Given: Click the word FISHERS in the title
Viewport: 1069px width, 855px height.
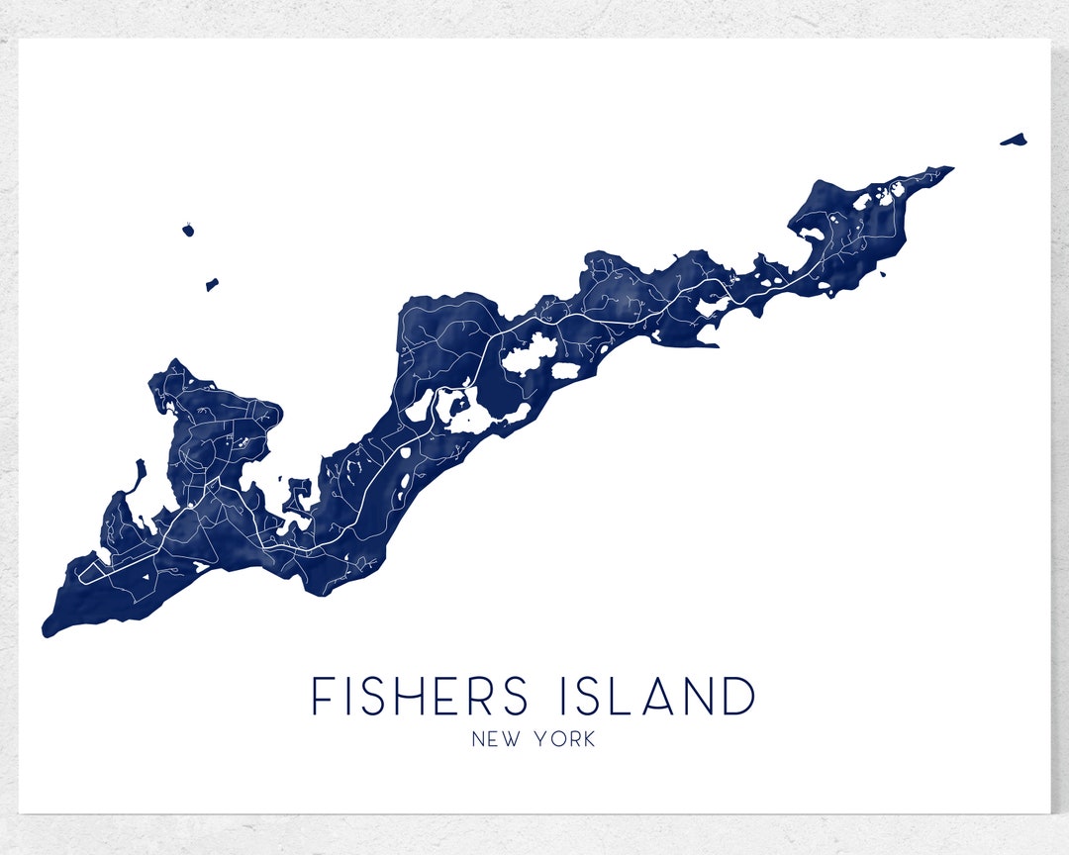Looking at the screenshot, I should point(421,696).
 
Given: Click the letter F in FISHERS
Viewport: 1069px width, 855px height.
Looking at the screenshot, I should point(322,696).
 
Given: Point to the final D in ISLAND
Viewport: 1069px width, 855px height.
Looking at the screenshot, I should point(737,696).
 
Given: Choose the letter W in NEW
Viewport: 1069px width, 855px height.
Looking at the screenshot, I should point(510,739).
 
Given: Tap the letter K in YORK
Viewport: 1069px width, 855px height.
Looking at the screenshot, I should point(588,739).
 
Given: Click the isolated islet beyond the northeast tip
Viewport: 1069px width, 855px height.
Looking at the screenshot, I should point(1014,140).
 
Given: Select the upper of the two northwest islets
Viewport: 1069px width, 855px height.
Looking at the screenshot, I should point(188,230).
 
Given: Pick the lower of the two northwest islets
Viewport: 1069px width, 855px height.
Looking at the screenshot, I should point(212,285).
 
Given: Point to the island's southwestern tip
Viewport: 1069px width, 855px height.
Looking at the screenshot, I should point(48,629).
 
